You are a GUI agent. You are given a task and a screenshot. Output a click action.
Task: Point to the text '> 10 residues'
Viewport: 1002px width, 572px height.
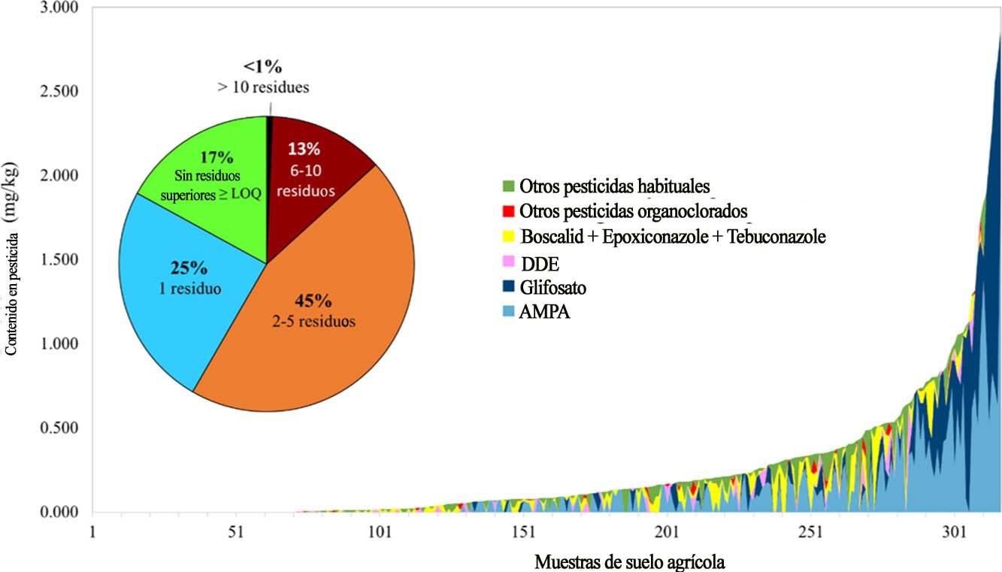pos(263,87)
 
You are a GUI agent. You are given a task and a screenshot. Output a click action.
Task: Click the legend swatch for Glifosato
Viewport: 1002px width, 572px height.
pos(508,287)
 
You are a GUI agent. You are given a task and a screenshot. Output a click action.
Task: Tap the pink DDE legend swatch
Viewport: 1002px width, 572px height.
pos(508,262)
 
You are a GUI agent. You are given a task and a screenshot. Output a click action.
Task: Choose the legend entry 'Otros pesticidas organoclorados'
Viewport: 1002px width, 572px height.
pos(631,210)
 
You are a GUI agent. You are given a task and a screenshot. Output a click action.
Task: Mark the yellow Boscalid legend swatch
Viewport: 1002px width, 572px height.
pos(508,237)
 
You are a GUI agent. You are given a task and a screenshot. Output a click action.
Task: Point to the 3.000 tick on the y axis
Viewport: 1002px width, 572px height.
pos(56,8)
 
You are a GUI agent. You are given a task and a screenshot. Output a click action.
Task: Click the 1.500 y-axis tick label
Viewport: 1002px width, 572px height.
pos(56,260)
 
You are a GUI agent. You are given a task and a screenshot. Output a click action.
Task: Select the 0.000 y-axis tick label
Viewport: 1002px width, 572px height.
pos(56,513)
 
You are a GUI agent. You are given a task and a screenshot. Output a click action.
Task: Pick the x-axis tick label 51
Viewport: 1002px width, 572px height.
pos(236,532)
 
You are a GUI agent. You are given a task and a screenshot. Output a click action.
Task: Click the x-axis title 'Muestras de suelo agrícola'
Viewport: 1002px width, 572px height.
pos(630,561)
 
